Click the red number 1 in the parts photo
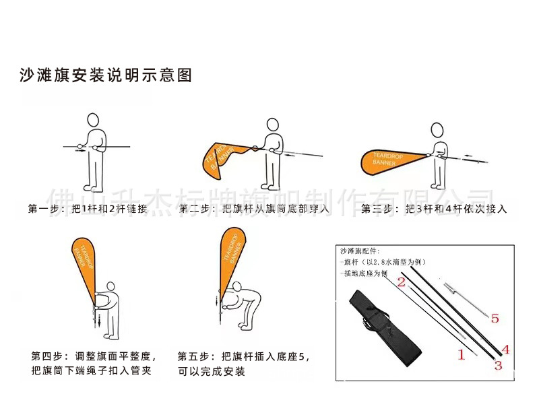pyautogui.click(x=462, y=354)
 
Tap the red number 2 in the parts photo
pyautogui.click(x=401, y=282)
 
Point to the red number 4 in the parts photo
pyautogui.click(x=505, y=350)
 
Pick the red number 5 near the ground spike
pyautogui.click(x=495, y=319)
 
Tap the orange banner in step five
pyautogui.click(x=232, y=256)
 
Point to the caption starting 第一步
pyautogui.click(x=88, y=209)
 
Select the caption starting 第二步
pyautogui.click(x=255, y=209)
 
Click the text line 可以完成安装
pyautogui.click(x=211, y=372)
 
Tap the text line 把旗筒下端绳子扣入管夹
pyautogui.click(x=94, y=372)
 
